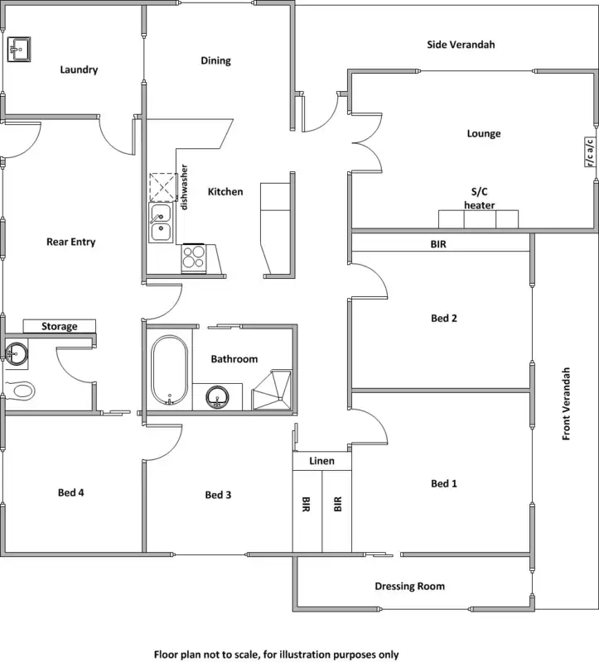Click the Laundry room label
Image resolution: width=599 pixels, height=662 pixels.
coord(79,70)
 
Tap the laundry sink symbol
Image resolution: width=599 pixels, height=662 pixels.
coord(19,49)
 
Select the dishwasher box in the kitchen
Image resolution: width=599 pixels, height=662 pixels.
coord(162,187)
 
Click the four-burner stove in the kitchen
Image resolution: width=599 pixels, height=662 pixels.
coord(194,258)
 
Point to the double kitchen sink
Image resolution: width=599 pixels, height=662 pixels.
coord(161,223)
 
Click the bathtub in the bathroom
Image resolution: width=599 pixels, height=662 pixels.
coord(170,370)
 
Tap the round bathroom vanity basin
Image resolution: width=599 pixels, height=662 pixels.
coord(218,397)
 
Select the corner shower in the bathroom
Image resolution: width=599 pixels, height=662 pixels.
coord(272,390)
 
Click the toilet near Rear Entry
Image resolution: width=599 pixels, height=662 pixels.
coord(20,390)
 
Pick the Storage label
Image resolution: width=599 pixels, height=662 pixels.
coord(59,326)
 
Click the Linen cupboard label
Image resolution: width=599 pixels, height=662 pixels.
coord(321,461)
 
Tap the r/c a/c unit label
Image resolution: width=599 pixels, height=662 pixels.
coord(590,151)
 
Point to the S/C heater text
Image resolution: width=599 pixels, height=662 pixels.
coord(480,199)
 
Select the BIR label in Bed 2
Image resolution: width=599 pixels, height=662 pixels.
coord(438,244)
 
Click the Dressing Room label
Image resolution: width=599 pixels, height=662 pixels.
coord(409,586)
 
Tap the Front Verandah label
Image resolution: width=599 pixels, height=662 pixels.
coord(567,404)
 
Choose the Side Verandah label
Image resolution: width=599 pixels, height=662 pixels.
coord(461,45)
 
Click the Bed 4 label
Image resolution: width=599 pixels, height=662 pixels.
coord(70,492)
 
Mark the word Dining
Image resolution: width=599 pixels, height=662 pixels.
coord(215,60)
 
